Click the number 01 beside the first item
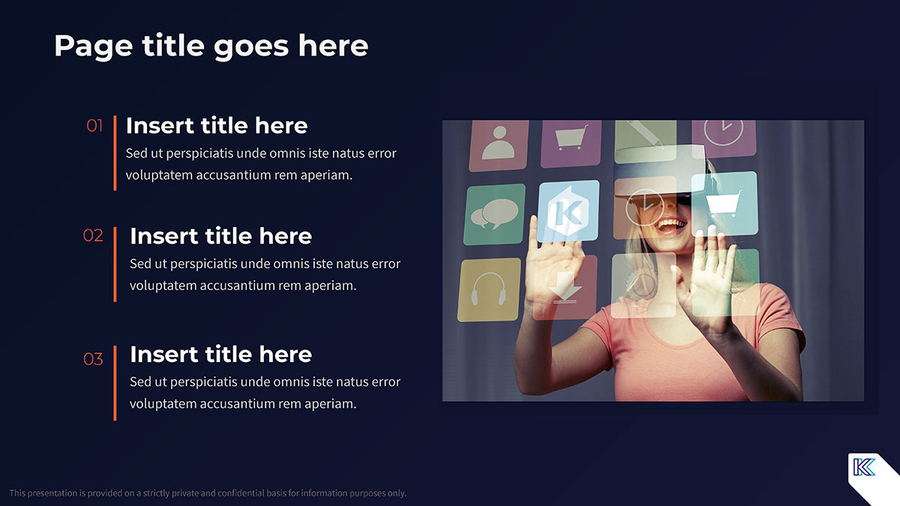click(94, 126)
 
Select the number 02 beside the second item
click(93, 235)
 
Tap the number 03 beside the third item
click(93, 359)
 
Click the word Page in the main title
click(94, 47)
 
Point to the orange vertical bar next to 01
click(115, 153)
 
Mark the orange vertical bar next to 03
click(115, 383)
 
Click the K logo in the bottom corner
click(864, 467)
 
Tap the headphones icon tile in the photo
click(489, 289)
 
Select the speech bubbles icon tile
click(494, 214)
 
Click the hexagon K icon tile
click(568, 211)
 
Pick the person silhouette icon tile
click(499, 145)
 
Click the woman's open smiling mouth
click(671, 226)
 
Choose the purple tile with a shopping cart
click(571, 143)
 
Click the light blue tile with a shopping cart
click(724, 204)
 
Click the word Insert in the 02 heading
click(163, 235)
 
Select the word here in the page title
click(333, 46)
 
